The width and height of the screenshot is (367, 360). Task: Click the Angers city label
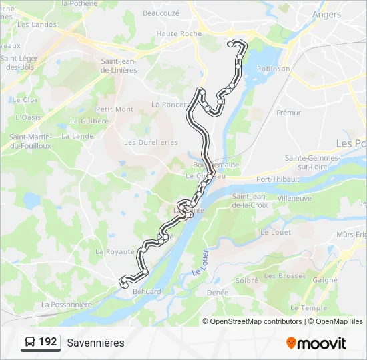[326, 14]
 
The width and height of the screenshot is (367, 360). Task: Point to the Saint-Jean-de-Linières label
[119, 65]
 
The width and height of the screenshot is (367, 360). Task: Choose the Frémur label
[288, 113]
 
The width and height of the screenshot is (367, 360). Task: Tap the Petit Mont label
[115, 109]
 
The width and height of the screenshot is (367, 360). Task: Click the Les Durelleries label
[151, 142]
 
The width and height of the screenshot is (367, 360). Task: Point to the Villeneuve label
[294, 199]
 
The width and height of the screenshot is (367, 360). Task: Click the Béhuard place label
[147, 292]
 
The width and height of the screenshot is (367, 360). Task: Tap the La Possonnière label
[66, 305]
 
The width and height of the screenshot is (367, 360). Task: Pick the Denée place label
[218, 293]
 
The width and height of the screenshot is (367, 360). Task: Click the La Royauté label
[115, 252]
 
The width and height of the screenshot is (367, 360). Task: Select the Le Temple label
[309, 308]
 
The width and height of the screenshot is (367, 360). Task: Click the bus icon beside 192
[29, 343]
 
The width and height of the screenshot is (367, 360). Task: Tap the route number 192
[48, 342]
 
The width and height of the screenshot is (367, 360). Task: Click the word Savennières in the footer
[95, 343]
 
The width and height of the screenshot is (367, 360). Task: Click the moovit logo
[316, 343]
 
